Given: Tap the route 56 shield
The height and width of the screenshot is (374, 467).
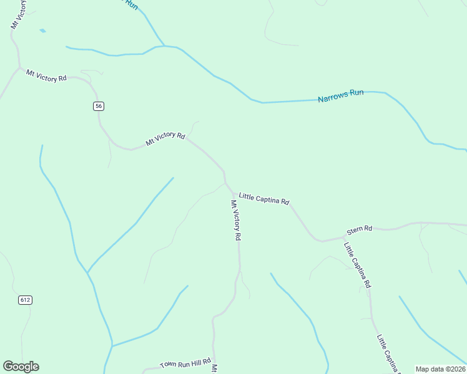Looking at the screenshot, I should tap(99, 106).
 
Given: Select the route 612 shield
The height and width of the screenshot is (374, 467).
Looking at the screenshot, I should tap(24, 300).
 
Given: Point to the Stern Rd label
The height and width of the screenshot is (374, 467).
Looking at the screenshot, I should tap(360, 229).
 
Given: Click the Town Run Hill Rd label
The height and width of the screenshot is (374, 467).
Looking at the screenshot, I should tap(185, 363).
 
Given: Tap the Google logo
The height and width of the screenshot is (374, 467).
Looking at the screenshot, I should tap(21, 367).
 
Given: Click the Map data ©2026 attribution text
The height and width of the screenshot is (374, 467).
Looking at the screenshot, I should tap(440, 369).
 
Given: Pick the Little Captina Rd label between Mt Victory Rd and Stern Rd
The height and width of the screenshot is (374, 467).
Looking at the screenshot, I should tap(264, 199).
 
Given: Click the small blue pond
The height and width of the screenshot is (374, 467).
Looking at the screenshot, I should tap(42, 30).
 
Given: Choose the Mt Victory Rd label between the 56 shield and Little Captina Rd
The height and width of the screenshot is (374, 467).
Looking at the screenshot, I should tap(165, 139).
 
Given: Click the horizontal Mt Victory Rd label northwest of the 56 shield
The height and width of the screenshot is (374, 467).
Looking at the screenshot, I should tap(46, 76).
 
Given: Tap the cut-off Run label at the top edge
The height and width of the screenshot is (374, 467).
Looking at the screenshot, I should tap(130, 4).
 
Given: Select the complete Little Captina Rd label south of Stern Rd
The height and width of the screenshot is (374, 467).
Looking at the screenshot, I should tap(358, 264).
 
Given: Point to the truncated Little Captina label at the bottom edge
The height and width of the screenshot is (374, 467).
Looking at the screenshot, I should tap(388, 353).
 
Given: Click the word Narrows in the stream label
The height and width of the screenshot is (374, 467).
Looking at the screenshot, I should tap(332, 97).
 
